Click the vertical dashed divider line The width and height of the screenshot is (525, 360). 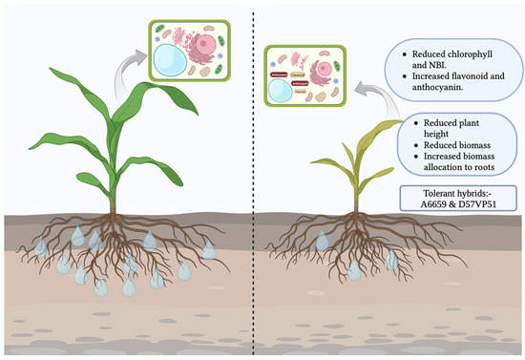(254, 191)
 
